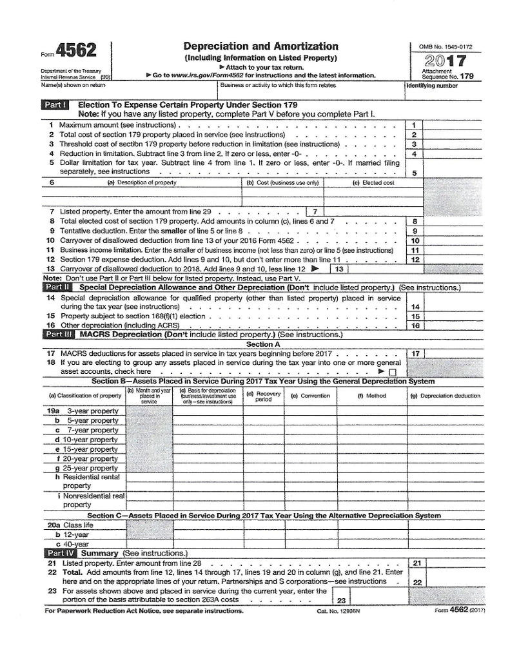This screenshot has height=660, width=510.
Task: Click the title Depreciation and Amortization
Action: pyautogui.click(x=260, y=46)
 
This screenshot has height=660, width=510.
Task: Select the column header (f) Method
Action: pyautogui.click(x=376, y=396)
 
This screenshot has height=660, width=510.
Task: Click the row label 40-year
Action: pyautogui.click(x=79, y=544)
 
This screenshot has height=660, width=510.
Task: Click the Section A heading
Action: pyautogui.click(x=260, y=344)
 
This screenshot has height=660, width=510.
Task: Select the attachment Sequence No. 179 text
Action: pyautogui.click(x=447, y=76)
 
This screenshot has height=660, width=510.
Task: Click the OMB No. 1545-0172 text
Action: pyautogui.click(x=446, y=46)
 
